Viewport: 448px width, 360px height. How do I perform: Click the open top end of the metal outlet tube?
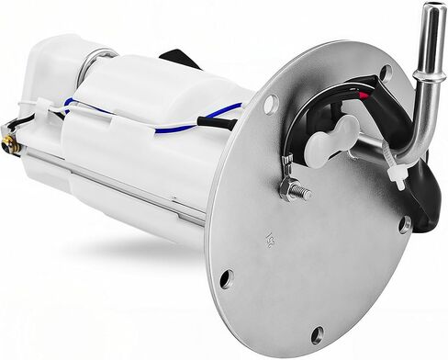pos(427,12)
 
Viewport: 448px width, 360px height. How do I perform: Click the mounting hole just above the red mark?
pos(386,72)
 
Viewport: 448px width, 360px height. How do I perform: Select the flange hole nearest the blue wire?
pos(271,104)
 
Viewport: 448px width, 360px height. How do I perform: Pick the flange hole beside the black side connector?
pos(404,223)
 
